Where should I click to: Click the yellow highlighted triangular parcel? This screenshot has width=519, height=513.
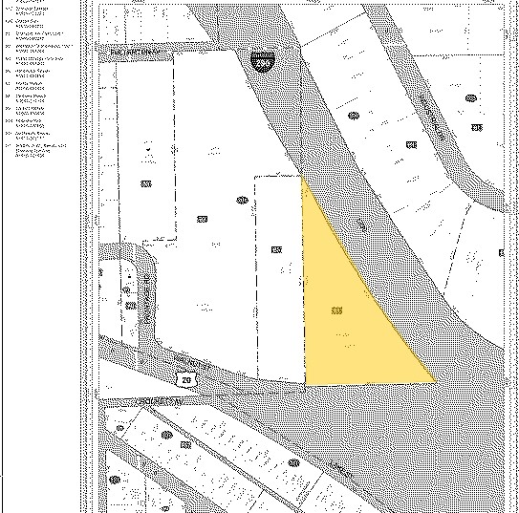(x=349, y=315)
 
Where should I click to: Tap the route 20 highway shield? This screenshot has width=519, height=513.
(x=185, y=379)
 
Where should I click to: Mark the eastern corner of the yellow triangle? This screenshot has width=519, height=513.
(x=435, y=381)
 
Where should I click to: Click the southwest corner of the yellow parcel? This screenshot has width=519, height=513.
(x=305, y=384)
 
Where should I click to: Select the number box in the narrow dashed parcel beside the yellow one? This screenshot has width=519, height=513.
(x=276, y=249)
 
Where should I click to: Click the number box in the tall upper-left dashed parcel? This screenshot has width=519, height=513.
(x=146, y=184)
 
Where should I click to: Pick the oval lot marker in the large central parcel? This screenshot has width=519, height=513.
(x=243, y=200)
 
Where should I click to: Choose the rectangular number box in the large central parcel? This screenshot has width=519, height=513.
(x=203, y=219)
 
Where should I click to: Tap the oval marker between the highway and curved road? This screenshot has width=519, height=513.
(x=355, y=117)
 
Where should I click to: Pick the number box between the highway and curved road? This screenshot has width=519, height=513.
(x=411, y=144)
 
